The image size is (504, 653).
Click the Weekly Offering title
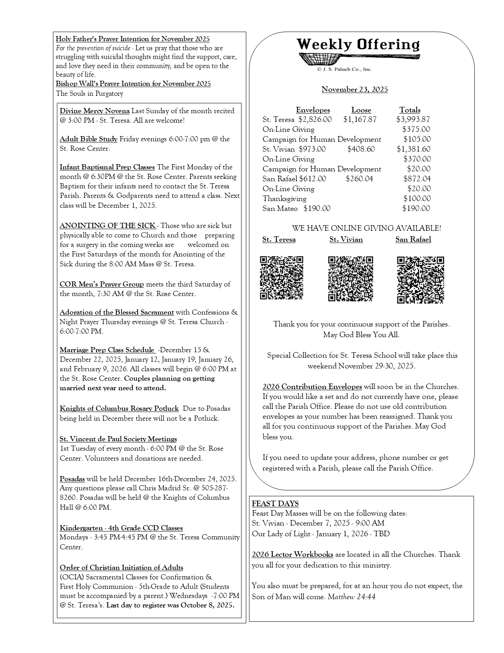click(x=358, y=44)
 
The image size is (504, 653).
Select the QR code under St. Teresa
click(x=281, y=277)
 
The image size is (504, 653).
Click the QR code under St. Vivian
click(x=350, y=279)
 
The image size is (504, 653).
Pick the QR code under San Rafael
click(x=420, y=280)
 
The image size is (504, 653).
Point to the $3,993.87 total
click(x=413, y=120)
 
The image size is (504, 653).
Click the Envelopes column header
click(x=313, y=110)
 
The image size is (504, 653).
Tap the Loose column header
click(x=361, y=110)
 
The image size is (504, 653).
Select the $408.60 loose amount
click(x=361, y=149)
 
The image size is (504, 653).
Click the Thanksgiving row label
click(x=284, y=199)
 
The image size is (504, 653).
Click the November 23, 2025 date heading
click(x=355, y=89)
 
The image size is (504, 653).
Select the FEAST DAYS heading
click(x=275, y=503)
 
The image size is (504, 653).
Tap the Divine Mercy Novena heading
click(x=94, y=111)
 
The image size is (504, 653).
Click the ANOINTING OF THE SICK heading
click(x=108, y=226)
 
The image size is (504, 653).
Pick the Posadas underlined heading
click(x=72, y=479)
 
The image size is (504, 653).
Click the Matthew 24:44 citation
click(x=351, y=596)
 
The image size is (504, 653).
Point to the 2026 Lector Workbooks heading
click(x=293, y=554)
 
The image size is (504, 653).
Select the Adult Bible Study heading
click(x=89, y=139)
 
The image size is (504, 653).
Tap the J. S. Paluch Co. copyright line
click(x=344, y=69)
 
